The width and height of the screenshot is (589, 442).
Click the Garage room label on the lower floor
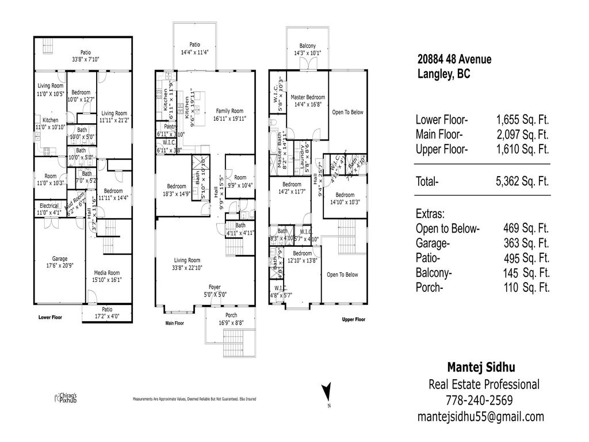pyautogui.click(x=60, y=258)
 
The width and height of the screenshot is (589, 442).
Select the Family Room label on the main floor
pyautogui.click(x=230, y=111)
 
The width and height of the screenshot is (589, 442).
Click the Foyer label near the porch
pyautogui.click(x=215, y=287)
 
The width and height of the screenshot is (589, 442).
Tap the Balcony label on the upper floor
pyautogui.click(x=307, y=46)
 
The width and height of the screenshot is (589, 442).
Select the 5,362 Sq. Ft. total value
pyautogui.click(x=522, y=181)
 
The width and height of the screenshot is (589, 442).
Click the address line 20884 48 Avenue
pyautogui.click(x=454, y=59)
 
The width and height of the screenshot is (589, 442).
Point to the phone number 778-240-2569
pyautogui.click(x=479, y=400)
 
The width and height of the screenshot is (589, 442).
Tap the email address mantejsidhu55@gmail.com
pyautogui.click(x=480, y=417)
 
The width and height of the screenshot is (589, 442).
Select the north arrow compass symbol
pyautogui.click(x=326, y=392)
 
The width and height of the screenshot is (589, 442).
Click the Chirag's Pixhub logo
pyautogui.click(x=65, y=398)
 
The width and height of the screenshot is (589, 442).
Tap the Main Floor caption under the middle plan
pyautogui.click(x=174, y=323)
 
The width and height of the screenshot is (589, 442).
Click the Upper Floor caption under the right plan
pyautogui.click(x=353, y=319)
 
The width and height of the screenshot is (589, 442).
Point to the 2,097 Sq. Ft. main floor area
pyautogui.click(x=522, y=135)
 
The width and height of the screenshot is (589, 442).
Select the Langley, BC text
pyautogui.click(x=443, y=74)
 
